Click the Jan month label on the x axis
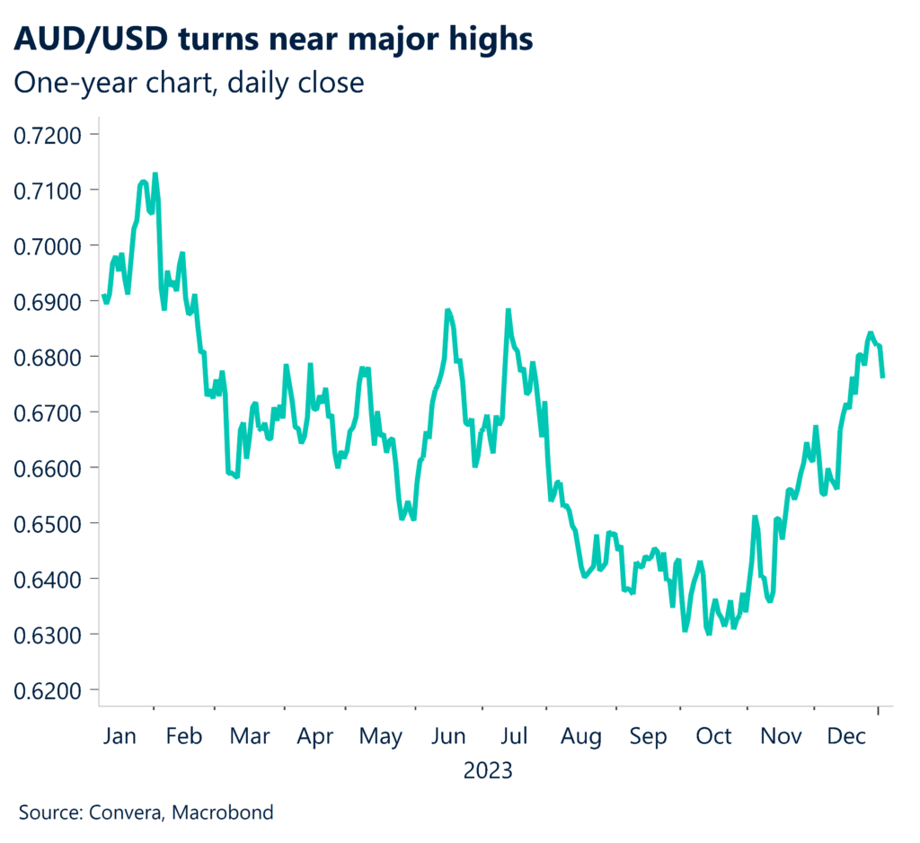(119, 737)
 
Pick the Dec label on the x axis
(845, 737)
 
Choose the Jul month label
(513, 737)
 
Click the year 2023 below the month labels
(488, 771)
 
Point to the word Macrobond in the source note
(224, 813)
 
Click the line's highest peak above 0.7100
(155, 174)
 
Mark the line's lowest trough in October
(709, 634)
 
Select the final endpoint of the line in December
(882, 377)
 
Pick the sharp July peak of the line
(509, 310)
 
